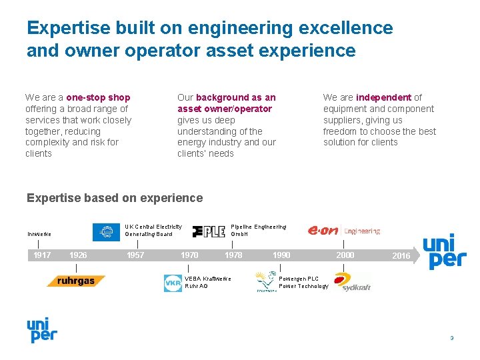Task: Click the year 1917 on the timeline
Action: click(42, 255)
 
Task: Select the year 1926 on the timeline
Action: click(78, 255)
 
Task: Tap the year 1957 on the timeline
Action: click(135, 255)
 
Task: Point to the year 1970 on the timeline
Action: click(189, 255)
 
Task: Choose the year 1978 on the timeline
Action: click(233, 255)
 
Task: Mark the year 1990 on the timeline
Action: click(281, 255)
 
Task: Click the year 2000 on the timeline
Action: click(345, 255)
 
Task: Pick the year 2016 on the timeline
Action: click(401, 256)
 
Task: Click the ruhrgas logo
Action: click(76, 281)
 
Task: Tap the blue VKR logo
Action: click(173, 283)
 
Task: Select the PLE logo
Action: click(209, 231)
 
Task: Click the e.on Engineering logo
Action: click(344, 231)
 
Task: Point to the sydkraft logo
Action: click(353, 283)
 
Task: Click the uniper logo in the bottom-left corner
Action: click(41, 330)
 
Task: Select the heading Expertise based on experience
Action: click(114, 198)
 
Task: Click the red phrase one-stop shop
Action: click(98, 97)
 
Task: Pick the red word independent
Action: click(383, 97)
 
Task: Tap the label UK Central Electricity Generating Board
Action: click(153, 231)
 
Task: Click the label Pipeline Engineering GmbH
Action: click(259, 231)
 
